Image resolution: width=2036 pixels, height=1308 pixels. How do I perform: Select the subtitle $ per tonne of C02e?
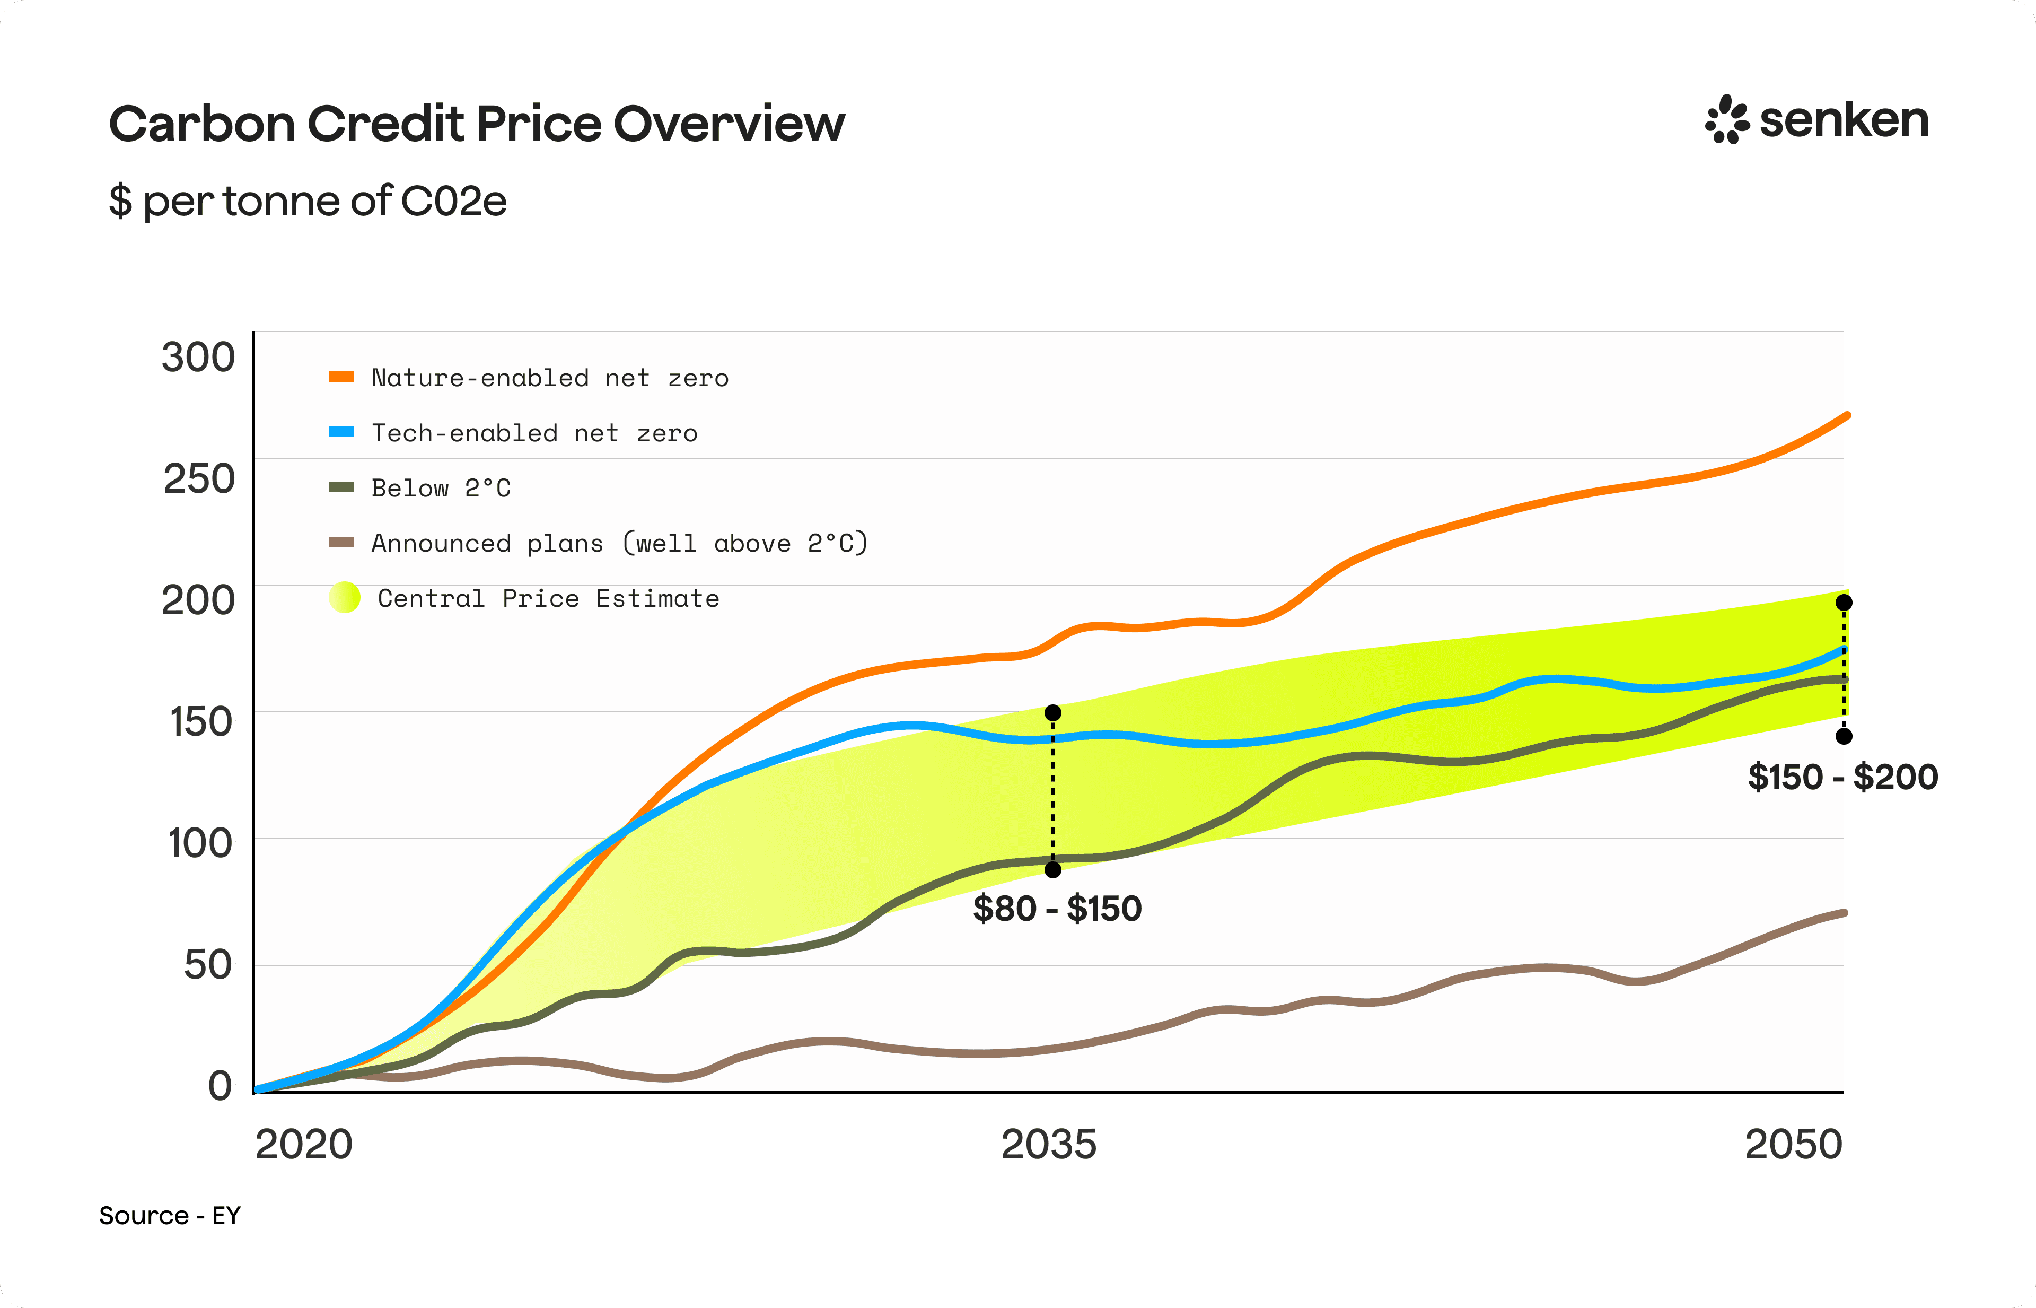[x=308, y=202]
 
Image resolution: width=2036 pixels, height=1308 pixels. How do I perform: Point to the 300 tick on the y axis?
[x=198, y=357]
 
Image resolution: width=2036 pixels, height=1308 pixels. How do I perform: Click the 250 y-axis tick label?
[x=199, y=478]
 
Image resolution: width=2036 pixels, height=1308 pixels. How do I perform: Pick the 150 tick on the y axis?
[x=200, y=721]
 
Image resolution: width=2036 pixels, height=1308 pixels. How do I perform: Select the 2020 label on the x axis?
[x=304, y=1144]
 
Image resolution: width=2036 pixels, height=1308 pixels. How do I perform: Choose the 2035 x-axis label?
[x=1049, y=1144]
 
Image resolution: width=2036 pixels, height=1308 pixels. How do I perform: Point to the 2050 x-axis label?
[x=1793, y=1144]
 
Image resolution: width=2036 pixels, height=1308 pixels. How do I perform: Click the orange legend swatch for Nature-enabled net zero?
[x=341, y=376]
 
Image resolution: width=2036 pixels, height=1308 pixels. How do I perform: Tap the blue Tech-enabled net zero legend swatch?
[x=341, y=431]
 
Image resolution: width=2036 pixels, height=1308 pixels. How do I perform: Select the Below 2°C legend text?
[x=442, y=487]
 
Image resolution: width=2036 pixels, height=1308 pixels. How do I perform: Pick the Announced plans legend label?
[x=620, y=543]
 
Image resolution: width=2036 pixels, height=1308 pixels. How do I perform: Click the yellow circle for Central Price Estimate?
[x=345, y=597]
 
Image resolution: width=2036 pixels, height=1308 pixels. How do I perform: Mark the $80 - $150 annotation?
[x=1057, y=908]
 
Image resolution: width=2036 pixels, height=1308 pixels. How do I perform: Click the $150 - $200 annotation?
[x=1842, y=777]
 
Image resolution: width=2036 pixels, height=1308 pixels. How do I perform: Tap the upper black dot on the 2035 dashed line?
[x=1053, y=712]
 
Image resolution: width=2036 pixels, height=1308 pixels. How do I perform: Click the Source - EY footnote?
[x=170, y=1215]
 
